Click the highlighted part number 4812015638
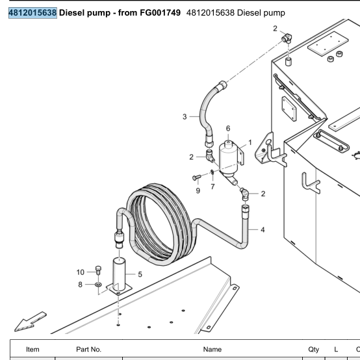pyautogui.click(x=32, y=13)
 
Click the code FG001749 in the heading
pyautogui.click(x=161, y=13)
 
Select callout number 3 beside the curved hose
pyautogui.click(x=185, y=116)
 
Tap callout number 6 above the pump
pyautogui.click(x=228, y=129)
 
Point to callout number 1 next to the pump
pyautogui.click(x=250, y=142)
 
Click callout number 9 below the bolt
pyautogui.click(x=198, y=190)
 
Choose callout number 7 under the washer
pyautogui.click(x=212, y=186)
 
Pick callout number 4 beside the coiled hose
pyautogui.click(x=263, y=229)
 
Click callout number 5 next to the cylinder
pyautogui.click(x=140, y=274)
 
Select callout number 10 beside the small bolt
pyautogui.click(x=81, y=272)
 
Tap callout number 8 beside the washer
pyautogui.click(x=80, y=285)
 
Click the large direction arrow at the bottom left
pyautogui.click(x=31, y=322)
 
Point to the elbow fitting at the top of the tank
pyautogui.click(x=287, y=38)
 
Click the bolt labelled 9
pyautogui.click(x=196, y=177)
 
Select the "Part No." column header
pyautogui.click(x=88, y=349)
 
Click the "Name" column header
pyautogui.click(x=212, y=349)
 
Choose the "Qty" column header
pyautogui.click(x=314, y=350)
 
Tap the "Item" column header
pyautogui.click(x=32, y=349)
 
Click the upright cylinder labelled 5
pyautogui.click(x=119, y=274)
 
